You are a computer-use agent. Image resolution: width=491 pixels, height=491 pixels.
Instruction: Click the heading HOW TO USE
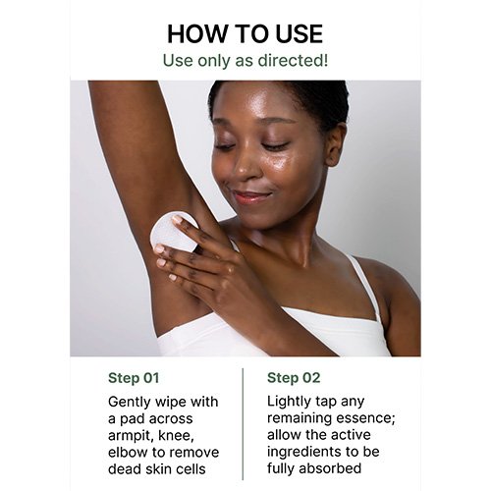[245, 33]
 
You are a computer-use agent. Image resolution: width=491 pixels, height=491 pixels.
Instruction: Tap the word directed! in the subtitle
[293, 60]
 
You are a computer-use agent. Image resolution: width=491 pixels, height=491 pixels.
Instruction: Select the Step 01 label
[134, 378]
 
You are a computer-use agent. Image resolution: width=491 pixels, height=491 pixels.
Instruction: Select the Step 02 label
[294, 378]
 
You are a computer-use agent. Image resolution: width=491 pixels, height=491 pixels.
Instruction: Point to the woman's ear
[337, 144]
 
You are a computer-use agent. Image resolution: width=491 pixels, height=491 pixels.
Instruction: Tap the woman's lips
[252, 197]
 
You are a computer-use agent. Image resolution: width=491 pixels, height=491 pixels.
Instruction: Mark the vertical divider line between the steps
[243, 424]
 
